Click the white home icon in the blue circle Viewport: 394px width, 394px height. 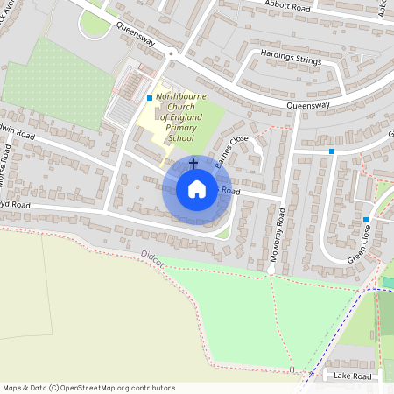(196, 189)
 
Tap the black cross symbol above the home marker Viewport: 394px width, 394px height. (193, 164)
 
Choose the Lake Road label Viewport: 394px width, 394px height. (354, 376)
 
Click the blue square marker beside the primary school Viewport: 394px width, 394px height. (150, 97)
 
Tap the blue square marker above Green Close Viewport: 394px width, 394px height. (366, 219)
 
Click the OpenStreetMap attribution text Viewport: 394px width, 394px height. (88, 388)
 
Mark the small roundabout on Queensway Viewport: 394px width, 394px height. (172, 53)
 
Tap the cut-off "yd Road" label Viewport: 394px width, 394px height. (15, 206)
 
